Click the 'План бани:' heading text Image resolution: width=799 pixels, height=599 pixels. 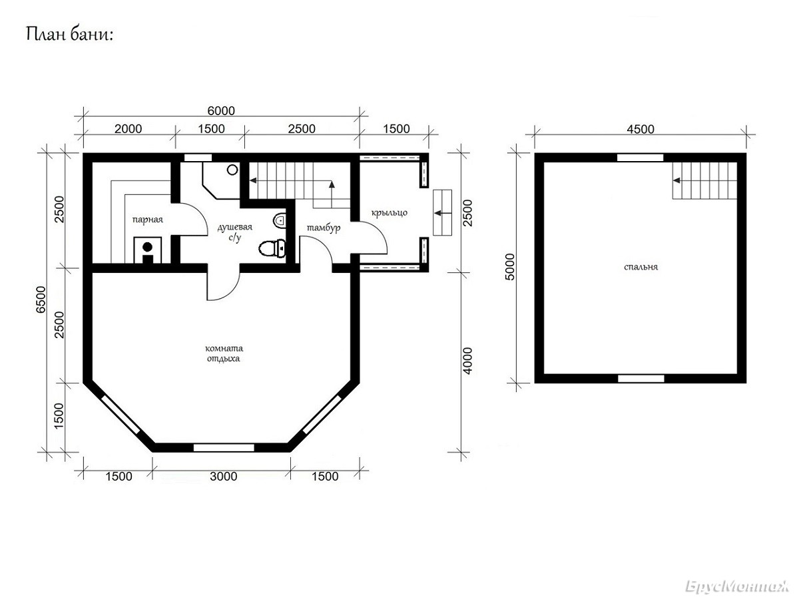point(69,36)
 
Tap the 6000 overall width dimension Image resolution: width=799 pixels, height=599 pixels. point(221,110)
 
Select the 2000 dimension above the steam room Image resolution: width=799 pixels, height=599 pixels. point(128,128)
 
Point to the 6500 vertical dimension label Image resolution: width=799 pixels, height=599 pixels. point(41,299)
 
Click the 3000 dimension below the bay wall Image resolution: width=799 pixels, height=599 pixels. point(223,477)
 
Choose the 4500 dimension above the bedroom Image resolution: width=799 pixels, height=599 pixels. point(641,129)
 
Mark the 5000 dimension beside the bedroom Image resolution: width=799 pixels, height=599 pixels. point(511,267)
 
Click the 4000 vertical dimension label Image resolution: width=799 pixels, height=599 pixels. point(467,361)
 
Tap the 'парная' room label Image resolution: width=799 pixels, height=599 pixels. point(147,220)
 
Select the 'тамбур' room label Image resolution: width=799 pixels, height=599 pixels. point(324,228)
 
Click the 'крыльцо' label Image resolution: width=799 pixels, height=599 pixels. point(389,213)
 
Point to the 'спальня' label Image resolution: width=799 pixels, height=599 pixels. point(641,268)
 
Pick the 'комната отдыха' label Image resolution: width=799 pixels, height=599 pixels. point(224,353)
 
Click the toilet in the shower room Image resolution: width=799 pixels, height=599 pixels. point(272,248)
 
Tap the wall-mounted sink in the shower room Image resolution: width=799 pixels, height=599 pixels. point(279,220)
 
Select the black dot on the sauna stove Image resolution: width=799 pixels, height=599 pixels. point(147,247)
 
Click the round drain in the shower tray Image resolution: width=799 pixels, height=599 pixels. point(232,170)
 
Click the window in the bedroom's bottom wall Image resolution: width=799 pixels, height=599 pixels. point(641,379)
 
